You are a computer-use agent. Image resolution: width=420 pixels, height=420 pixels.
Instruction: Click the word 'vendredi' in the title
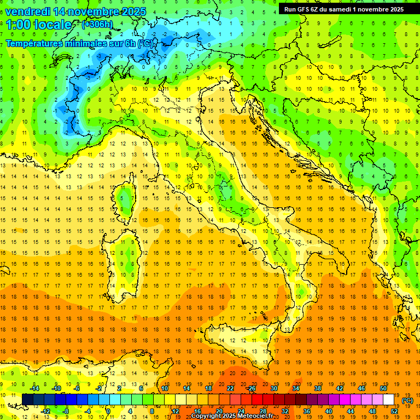(28, 11)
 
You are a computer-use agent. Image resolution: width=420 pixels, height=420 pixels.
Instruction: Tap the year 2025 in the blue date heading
(131, 11)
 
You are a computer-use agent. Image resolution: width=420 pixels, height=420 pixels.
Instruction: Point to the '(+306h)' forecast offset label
(98, 24)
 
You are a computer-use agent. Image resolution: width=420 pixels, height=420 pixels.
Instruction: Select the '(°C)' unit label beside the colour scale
(407, 400)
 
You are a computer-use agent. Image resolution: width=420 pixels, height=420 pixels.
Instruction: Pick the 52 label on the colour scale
(394, 411)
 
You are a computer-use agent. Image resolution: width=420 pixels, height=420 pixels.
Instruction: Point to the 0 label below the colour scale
(108, 411)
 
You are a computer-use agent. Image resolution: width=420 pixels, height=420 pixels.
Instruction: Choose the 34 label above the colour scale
(295, 388)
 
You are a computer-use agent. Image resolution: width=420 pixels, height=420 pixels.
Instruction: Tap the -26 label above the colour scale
(251, 388)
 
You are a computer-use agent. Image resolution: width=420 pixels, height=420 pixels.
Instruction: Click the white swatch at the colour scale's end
(388, 399)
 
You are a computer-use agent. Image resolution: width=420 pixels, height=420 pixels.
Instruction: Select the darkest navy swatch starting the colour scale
(27, 399)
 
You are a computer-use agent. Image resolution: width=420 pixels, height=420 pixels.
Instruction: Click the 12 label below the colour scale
(176, 411)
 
